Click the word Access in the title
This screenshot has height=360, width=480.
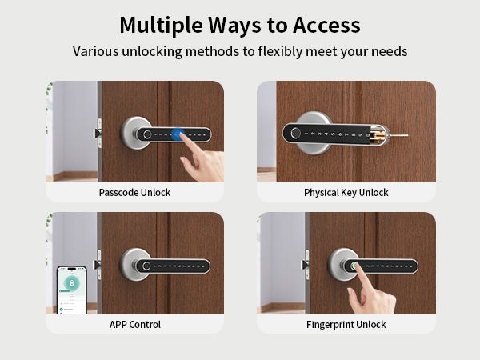point(326,25)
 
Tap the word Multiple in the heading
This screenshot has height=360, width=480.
point(161,26)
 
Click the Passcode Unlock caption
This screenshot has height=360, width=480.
point(134,193)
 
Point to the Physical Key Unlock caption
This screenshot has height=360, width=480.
point(346,193)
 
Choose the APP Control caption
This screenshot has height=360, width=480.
point(135,325)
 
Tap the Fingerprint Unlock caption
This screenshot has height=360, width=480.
point(346,325)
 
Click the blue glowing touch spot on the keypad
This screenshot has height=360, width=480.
point(178,134)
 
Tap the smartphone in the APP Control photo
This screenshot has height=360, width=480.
point(72,290)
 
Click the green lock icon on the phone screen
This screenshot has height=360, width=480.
point(72,282)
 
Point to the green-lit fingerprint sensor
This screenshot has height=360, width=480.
point(354,266)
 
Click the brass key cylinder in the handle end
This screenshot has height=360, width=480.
point(378,136)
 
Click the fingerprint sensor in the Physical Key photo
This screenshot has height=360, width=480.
point(295,133)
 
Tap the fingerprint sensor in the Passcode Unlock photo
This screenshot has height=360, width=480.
point(147,134)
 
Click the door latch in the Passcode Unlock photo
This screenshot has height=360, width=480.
point(98,134)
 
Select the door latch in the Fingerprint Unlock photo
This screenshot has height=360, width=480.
point(306,265)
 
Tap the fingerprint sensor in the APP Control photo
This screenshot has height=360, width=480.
point(146,266)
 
